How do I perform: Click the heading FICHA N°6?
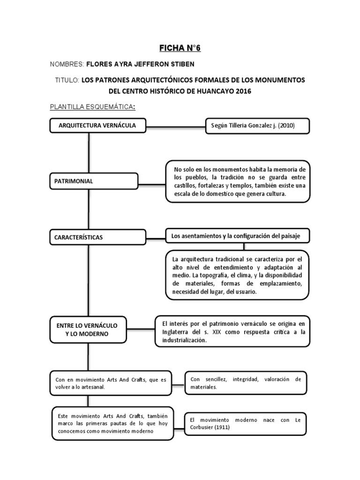(180, 48)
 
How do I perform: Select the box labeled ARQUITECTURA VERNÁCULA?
(97, 126)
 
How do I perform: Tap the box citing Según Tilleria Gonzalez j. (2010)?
(257, 126)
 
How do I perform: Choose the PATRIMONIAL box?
(94, 181)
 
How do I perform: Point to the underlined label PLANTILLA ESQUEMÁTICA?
(92, 107)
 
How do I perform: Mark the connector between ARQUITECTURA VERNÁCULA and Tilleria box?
(176, 126)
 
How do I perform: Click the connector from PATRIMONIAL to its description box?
(152, 182)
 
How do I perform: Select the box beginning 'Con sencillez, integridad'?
(246, 383)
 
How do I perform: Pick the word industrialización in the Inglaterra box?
(184, 341)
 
